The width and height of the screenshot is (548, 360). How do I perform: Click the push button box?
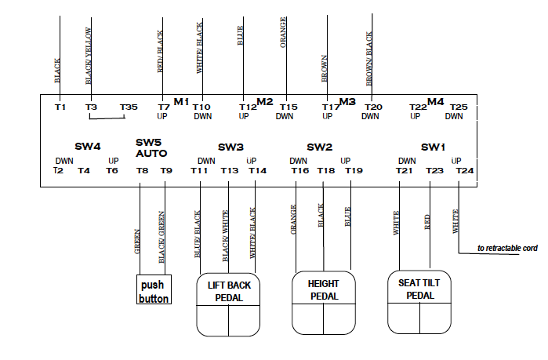(x=154, y=290)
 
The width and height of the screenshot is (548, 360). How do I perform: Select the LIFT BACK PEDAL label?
(x=229, y=291)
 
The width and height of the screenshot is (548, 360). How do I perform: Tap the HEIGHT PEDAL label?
(x=323, y=289)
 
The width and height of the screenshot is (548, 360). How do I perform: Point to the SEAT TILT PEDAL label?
(x=420, y=289)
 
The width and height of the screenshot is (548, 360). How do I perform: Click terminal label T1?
(x=60, y=107)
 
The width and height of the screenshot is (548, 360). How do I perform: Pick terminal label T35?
(x=129, y=107)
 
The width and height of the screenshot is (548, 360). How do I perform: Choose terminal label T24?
(x=465, y=170)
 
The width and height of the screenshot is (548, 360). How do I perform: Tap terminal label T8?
(x=142, y=170)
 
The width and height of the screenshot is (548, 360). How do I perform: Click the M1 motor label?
(x=182, y=101)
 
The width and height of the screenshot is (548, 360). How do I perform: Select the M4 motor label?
(x=436, y=101)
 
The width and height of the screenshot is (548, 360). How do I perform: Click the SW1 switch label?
(x=433, y=147)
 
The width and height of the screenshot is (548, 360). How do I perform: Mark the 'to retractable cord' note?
(x=507, y=249)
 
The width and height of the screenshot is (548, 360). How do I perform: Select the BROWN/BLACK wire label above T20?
(x=369, y=58)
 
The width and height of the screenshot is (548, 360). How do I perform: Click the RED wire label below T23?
(x=427, y=222)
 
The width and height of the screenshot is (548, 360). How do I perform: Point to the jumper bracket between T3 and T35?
(x=107, y=118)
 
